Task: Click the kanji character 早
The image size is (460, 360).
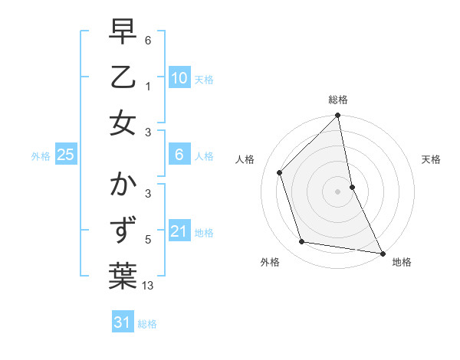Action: point(123,31)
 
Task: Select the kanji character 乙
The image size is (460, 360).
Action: point(123,77)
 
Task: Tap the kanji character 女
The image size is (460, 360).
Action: point(123,123)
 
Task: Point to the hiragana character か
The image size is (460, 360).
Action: point(123,185)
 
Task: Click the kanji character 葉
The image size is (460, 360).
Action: point(123,277)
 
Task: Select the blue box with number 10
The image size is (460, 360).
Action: point(179,78)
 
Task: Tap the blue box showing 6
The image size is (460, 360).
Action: point(179,155)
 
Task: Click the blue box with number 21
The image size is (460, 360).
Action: point(179,231)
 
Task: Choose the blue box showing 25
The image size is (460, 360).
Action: point(66,155)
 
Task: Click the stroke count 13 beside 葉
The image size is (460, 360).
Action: point(149,286)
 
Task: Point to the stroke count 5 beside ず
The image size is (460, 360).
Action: point(149,240)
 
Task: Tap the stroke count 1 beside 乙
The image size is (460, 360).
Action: point(149,86)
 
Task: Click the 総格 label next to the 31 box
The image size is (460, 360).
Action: point(147,324)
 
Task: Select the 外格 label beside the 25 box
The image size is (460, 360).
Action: point(41,156)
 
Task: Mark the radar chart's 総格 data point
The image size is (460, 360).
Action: point(338,116)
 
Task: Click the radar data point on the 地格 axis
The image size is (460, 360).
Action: point(382,253)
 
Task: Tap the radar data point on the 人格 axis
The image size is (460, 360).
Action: point(280,172)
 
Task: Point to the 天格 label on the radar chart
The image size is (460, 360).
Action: point(432,159)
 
